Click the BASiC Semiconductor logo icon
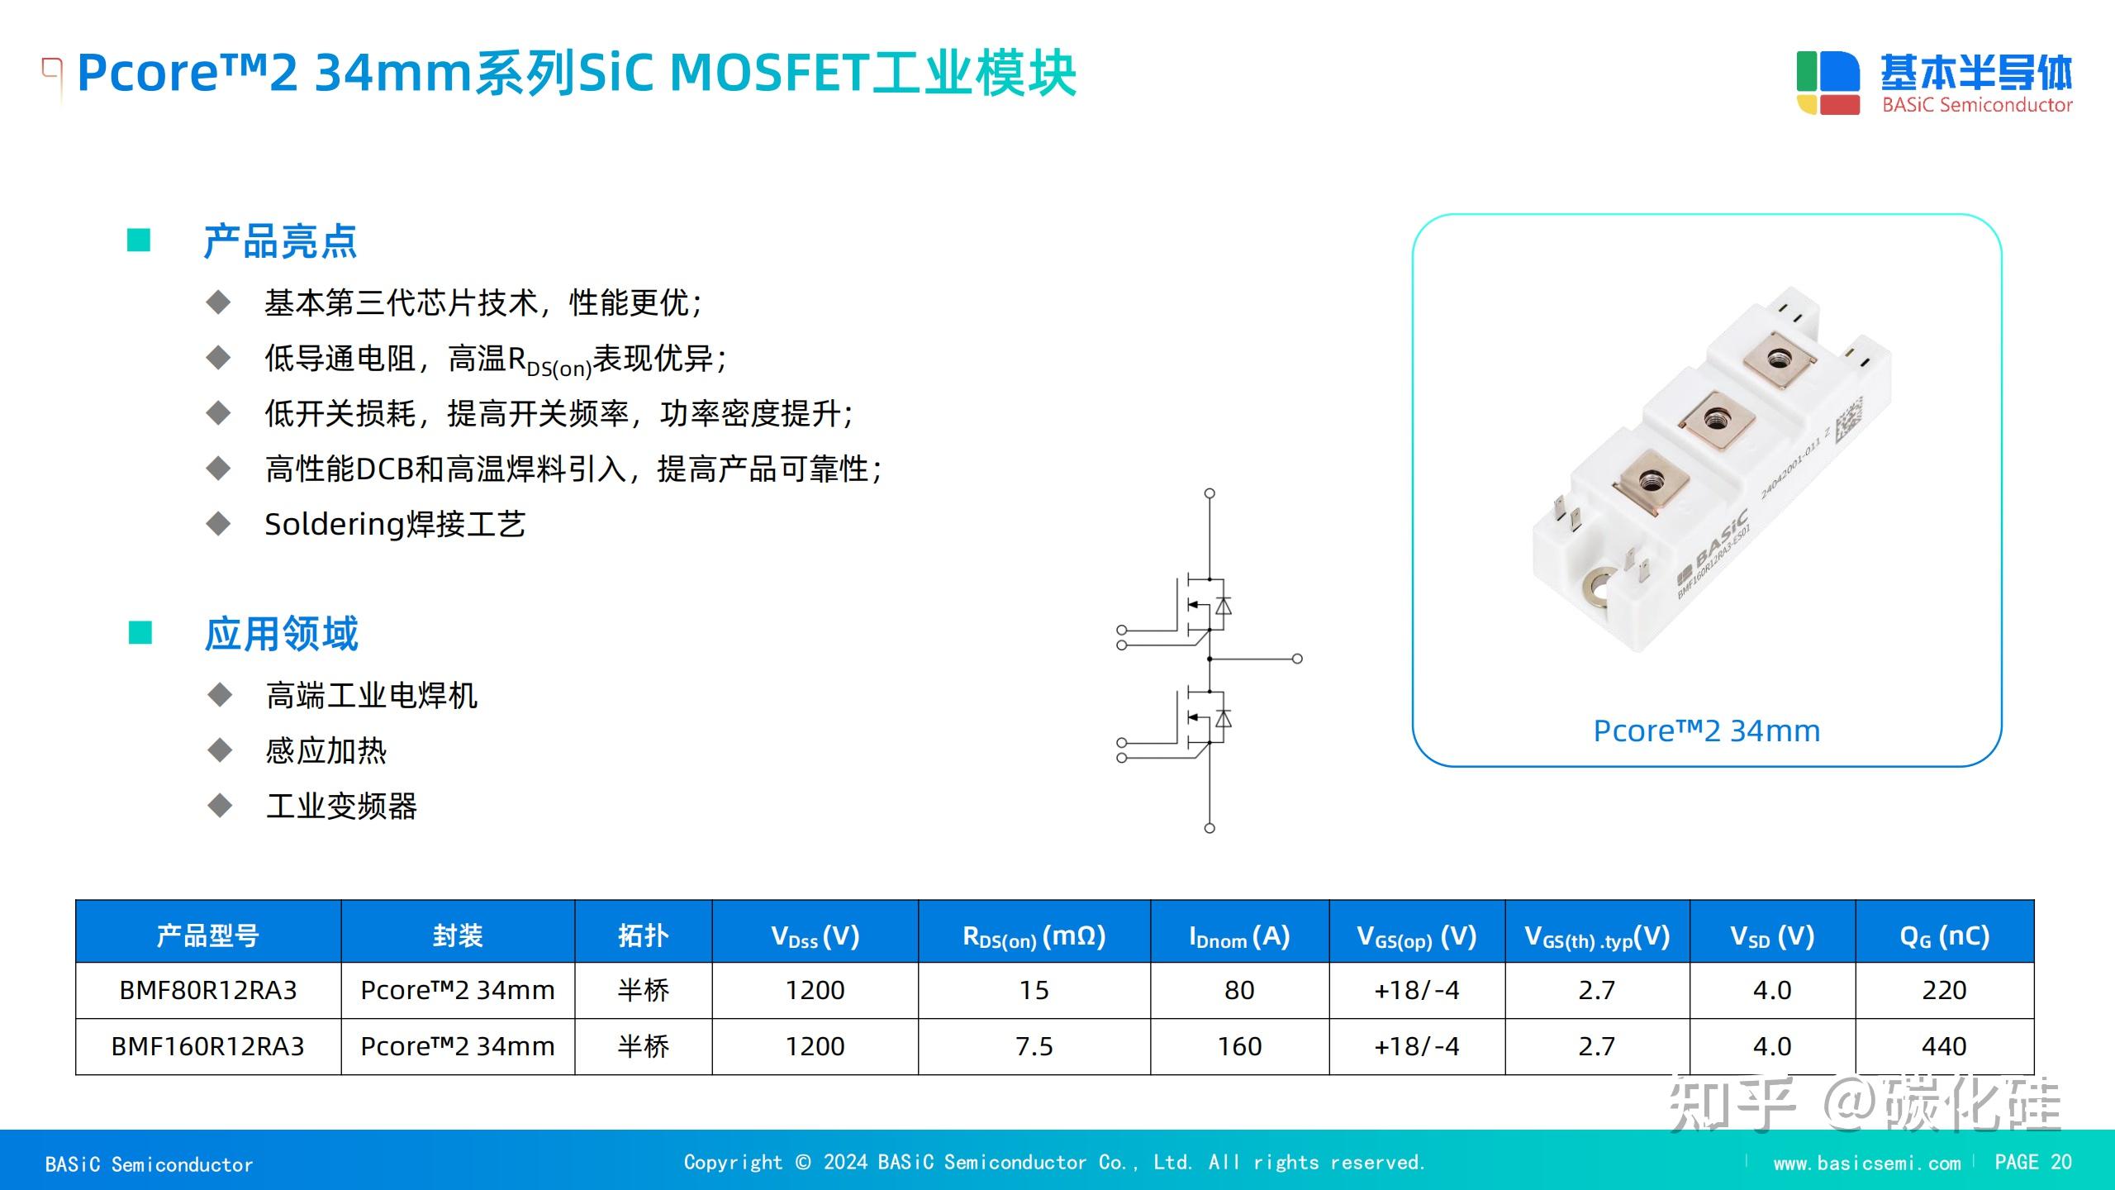click(x=1827, y=83)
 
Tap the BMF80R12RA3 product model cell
click(x=208, y=990)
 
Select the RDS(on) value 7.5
click(x=1034, y=1046)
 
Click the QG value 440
click(x=1944, y=1046)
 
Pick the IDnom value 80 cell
click(x=1239, y=990)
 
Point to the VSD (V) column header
click(x=1772, y=936)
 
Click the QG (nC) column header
click(x=1944, y=936)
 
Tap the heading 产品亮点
click(x=280, y=241)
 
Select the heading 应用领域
click(x=282, y=634)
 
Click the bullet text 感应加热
click(x=326, y=750)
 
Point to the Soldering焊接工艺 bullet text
click(x=395, y=524)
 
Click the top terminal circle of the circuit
click(x=1210, y=493)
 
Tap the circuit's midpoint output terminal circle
click(x=1297, y=659)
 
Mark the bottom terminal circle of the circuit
click(x=1210, y=828)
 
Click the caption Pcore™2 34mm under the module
click(x=1706, y=731)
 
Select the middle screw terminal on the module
click(x=1716, y=418)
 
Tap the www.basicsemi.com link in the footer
click(x=1866, y=1163)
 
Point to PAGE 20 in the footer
click(x=2032, y=1162)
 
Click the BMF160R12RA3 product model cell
click(x=208, y=1046)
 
